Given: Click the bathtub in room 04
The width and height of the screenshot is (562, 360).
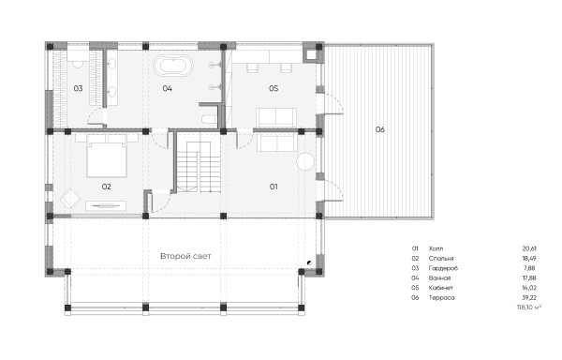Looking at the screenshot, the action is point(173,66).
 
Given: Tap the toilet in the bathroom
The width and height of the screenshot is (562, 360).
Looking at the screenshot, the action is point(209,119).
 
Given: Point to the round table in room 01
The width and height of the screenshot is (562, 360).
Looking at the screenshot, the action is point(305,161).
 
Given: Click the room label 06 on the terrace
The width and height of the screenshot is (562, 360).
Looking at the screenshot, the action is point(380,129).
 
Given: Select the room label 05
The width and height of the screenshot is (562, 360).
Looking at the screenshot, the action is point(274,88).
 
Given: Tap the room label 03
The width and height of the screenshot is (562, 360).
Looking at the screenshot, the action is point(78,88).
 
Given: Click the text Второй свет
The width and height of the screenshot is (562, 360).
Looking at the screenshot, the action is point(185,256).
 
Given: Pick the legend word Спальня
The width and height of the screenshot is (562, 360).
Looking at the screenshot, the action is point(441,259).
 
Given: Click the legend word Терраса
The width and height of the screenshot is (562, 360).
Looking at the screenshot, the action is point(441,297).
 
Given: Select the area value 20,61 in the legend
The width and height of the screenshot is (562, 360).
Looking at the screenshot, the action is point(529,248).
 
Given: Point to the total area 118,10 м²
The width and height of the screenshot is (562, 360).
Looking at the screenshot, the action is point(528,307).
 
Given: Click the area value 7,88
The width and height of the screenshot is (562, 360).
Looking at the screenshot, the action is point(530,268).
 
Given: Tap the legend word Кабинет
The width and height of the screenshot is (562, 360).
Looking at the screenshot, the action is point(441,288).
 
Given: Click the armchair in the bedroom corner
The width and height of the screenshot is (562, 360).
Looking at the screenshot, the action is point(70,199).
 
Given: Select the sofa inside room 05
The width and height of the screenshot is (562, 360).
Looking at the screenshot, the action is point(276,117).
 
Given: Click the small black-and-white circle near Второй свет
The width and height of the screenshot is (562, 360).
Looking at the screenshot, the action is point(309,262).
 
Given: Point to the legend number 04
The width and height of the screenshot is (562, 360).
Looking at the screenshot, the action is point(415,278).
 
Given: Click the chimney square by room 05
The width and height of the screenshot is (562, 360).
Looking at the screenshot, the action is point(310,54).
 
